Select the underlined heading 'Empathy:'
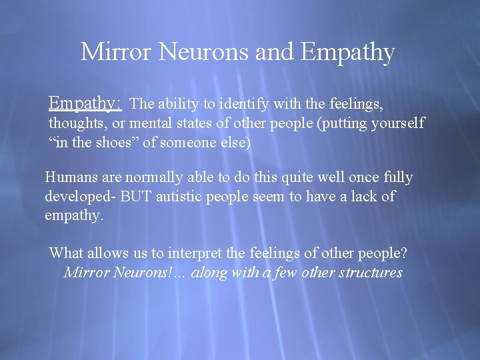pos(85,103)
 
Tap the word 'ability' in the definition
pos(183,104)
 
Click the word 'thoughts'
pos(77,123)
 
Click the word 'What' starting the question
pos(65,253)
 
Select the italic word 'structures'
pos(371,273)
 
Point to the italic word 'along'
pos(209,273)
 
